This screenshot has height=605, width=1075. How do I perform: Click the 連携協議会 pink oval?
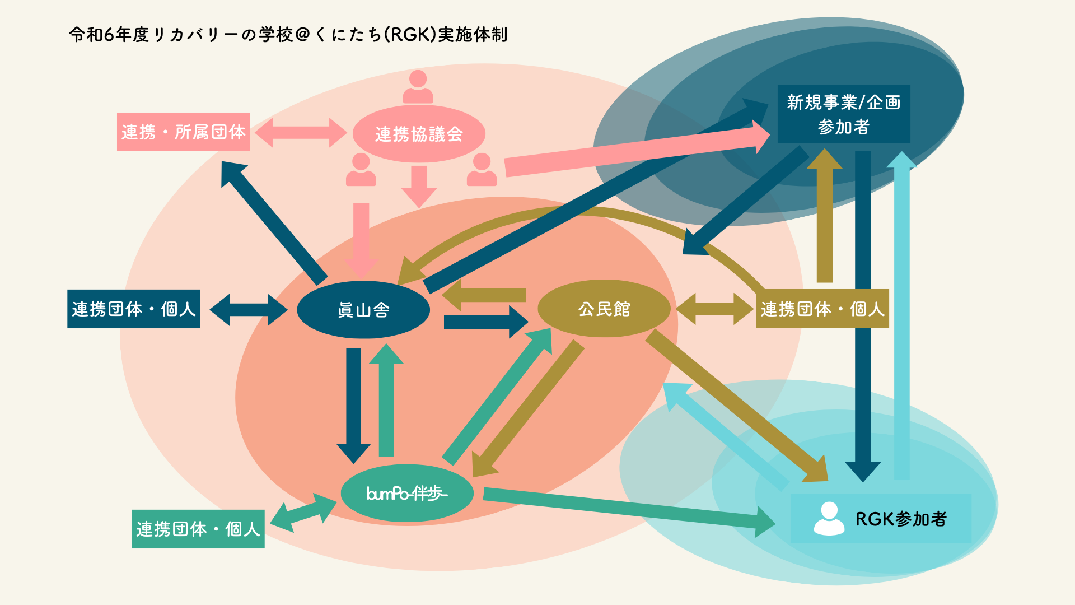[419, 134]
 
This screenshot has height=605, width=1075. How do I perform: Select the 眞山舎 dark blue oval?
[363, 310]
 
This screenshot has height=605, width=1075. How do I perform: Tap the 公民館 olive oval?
[604, 309]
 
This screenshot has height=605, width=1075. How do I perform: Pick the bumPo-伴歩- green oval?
[407, 494]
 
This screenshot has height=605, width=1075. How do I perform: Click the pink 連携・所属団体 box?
[183, 132]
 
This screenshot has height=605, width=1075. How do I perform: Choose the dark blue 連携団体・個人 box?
[134, 309]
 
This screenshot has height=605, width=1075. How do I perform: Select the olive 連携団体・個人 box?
[822, 309]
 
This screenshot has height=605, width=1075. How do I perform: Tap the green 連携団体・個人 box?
[198, 529]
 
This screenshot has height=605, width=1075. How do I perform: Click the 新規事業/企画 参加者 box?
[844, 114]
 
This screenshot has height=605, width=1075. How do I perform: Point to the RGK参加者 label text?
[901, 519]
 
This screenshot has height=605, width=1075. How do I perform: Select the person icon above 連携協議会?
[418, 87]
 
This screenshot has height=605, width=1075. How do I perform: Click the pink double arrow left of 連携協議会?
[301, 133]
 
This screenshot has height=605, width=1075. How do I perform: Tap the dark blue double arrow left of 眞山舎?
[249, 309]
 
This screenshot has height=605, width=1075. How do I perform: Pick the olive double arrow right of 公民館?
[714, 309]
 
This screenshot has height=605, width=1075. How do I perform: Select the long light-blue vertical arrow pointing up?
[901, 314]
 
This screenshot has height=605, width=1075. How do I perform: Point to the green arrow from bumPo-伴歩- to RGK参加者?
[627, 509]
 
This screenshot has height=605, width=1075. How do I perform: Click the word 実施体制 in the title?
[473, 35]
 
